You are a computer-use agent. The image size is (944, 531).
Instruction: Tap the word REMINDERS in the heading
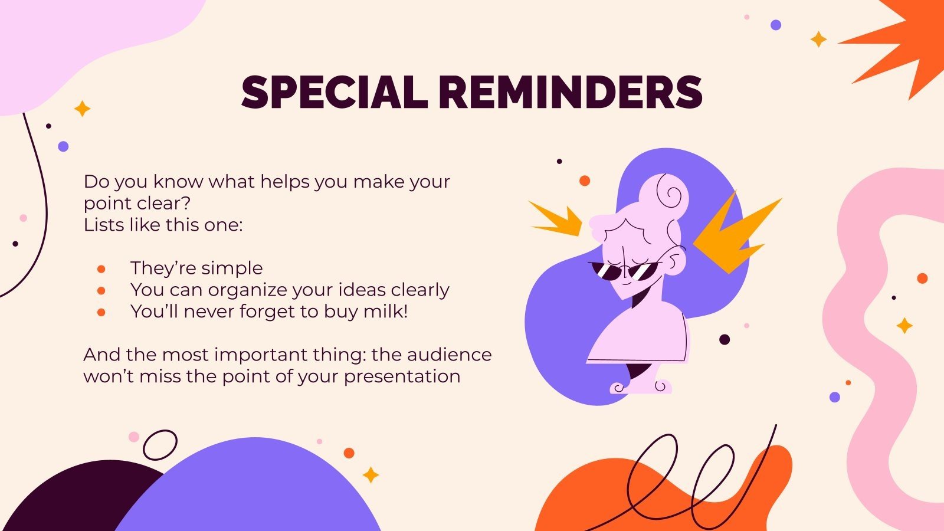tap(571, 93)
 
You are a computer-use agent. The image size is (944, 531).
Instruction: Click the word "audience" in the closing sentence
tap(449, 355)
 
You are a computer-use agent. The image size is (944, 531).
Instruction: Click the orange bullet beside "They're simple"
tap(101, 269)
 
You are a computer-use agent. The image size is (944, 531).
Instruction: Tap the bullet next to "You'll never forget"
tap(101, 312)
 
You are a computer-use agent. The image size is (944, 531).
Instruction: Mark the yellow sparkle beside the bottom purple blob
tap(371, 474)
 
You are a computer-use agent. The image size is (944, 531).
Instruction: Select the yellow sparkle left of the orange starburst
tap(818, 39)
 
